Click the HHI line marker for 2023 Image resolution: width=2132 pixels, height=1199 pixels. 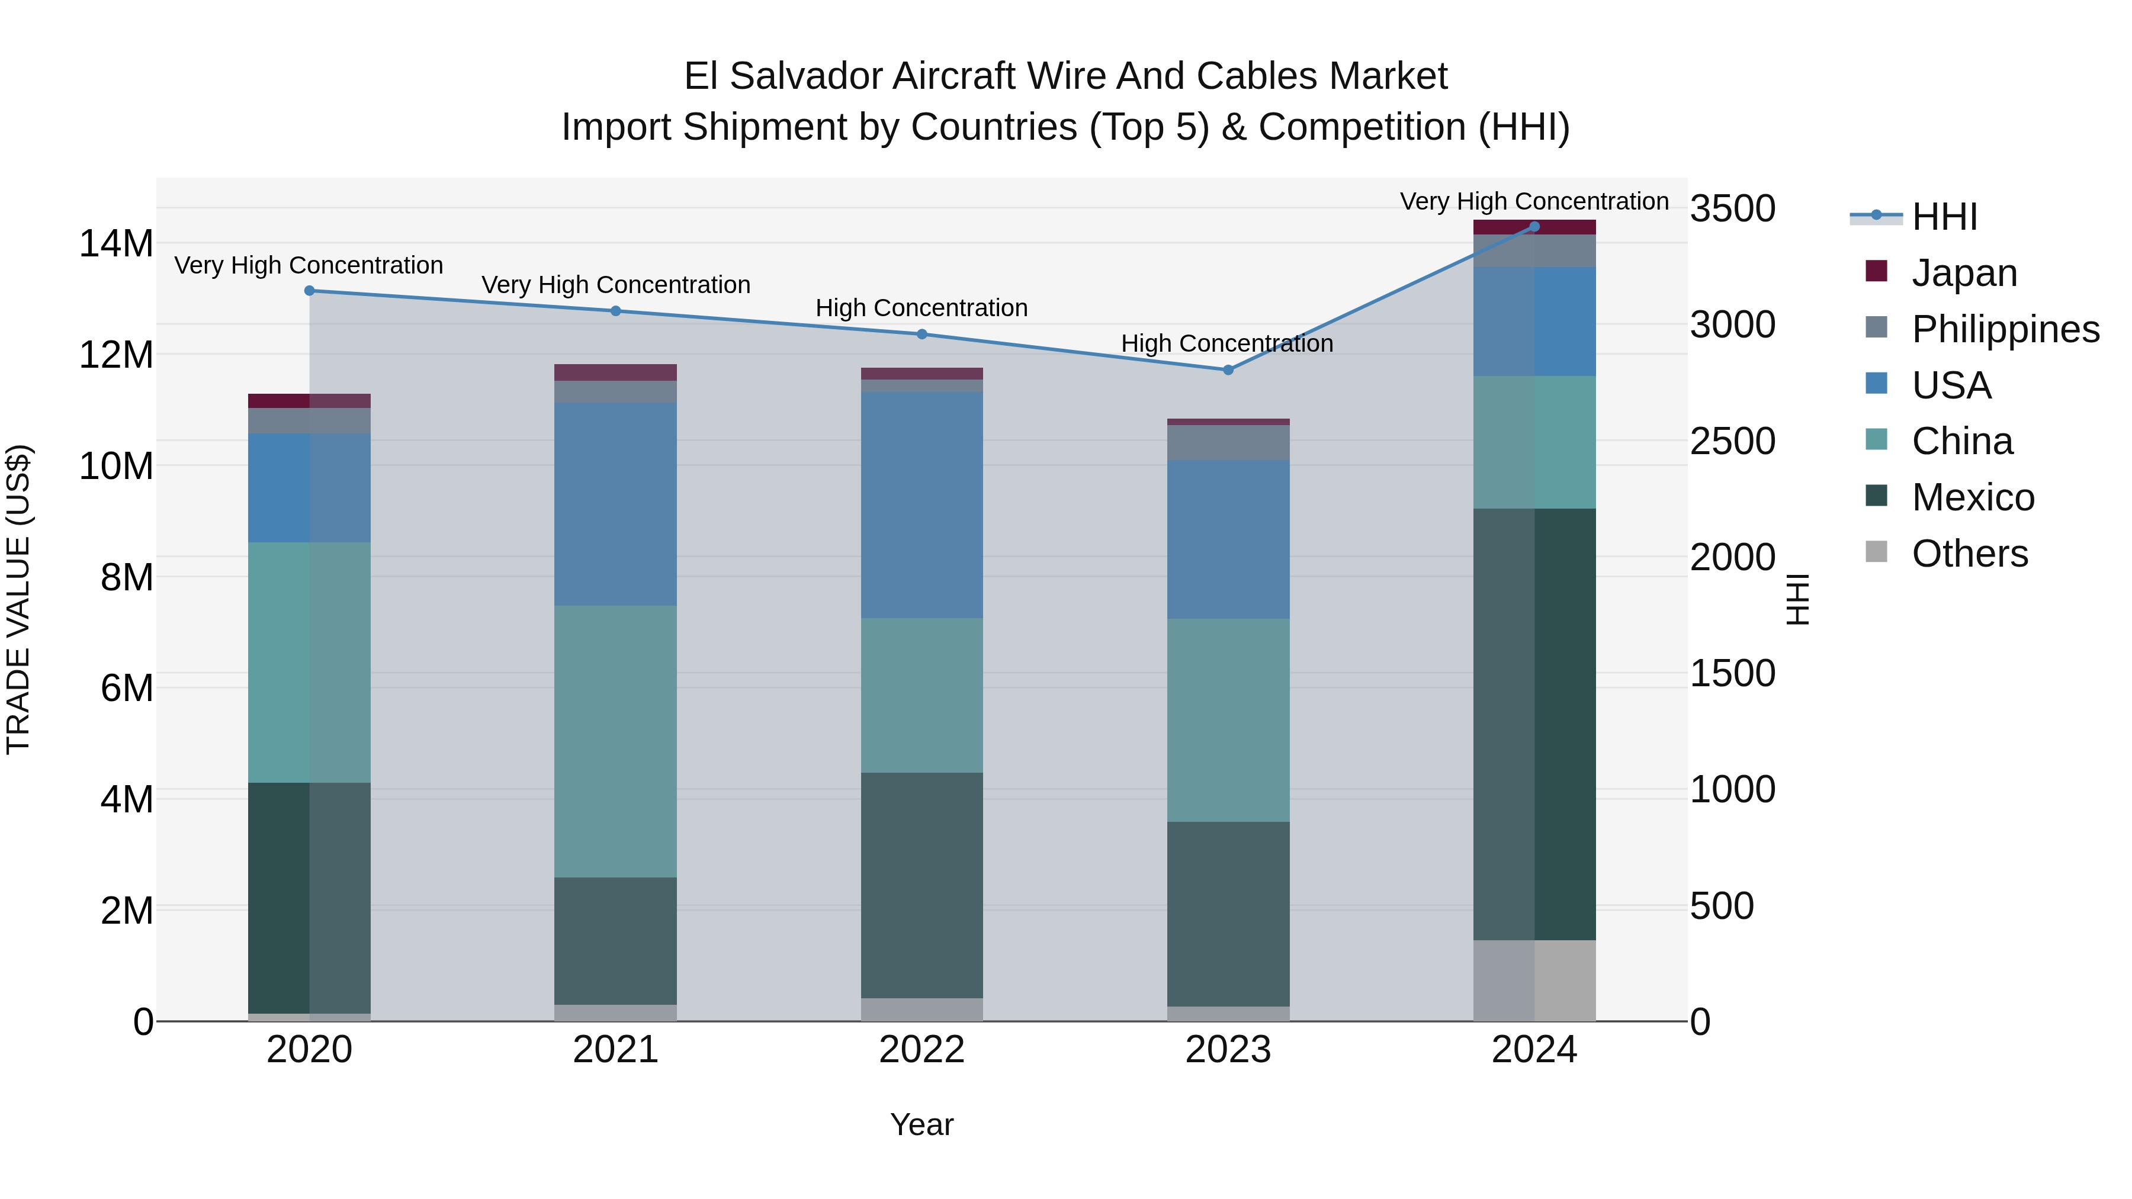(1228, 370)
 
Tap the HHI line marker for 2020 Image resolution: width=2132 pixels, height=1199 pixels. (310, 291)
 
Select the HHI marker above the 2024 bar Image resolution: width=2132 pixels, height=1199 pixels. (1534, 227)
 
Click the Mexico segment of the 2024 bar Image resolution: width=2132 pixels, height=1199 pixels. (1534, 724)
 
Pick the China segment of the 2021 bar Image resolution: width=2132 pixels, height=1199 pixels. (616, 741)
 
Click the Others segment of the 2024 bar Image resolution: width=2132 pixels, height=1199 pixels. (1534, 981)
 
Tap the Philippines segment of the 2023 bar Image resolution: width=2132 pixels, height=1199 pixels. (1228, 443)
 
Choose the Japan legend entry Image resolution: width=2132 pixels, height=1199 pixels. (1963, 272)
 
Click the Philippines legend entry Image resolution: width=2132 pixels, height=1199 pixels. (2005, 329)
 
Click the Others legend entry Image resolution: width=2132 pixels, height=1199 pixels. (1969, 553)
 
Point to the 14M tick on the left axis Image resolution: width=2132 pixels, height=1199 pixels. (117, 244)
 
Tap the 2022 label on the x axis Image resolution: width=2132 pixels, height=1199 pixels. (922, 1050)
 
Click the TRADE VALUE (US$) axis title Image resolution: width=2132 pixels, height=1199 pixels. (18, 599)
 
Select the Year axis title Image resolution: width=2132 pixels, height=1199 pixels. (922, 1124)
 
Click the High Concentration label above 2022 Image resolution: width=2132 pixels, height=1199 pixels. (922, 308)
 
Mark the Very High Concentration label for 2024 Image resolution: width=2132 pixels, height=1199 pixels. (1534, 201)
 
